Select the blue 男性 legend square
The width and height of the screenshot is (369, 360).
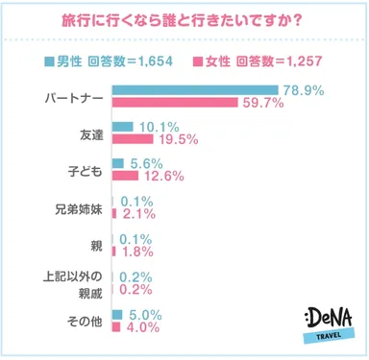click(x=49, y=62)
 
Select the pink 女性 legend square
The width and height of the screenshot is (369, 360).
click(x=197, y=62)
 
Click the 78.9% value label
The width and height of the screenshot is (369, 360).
click(x=303, y=89)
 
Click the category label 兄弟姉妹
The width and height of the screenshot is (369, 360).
click(x=76, y=204)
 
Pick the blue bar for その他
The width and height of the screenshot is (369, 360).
click(x=117, y=313)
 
